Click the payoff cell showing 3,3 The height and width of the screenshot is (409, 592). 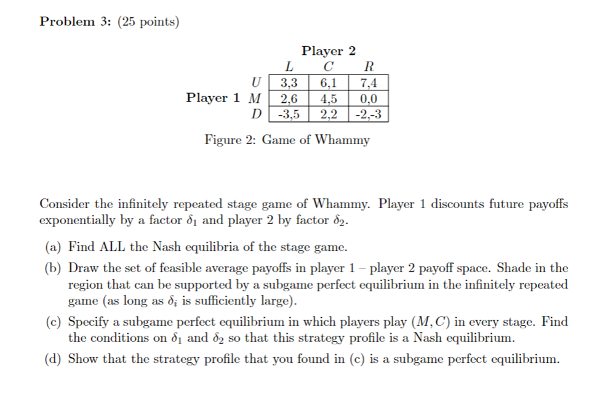click(x=289, y=83)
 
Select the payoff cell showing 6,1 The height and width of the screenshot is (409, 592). click(x=328, y=83)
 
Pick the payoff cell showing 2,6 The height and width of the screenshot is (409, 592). click(x=289, y=99)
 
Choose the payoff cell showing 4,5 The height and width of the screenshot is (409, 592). click(x=328, y=99)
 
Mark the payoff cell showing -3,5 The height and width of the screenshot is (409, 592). click(x=289, y=114)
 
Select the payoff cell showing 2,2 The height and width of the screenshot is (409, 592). click(x=328, y=114)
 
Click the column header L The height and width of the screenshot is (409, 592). click(x=289, y=67)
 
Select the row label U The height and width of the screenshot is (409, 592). click(x=257, y=83)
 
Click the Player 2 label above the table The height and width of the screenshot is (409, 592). click(x=328, y=51)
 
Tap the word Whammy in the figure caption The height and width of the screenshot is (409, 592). click(x=342, y=140)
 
